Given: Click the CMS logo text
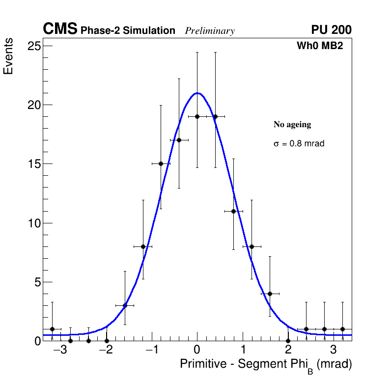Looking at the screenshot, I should tap(60, 29).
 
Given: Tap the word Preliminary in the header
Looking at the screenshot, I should tap(210, 31).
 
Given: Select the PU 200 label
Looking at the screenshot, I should tap(331, 30).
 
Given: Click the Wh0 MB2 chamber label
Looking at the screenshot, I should tap(319, 46).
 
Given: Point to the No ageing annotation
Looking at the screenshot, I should tap(292, 125).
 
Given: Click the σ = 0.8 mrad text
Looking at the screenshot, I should tap(299, 144).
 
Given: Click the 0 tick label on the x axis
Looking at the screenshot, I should tap(197, 351).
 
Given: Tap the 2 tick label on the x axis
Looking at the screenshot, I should tap(288, 351).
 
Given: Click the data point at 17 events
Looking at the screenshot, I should tap(179, 140).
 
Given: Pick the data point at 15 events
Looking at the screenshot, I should tap(161, 163).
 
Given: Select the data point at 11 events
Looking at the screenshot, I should tap(233, 211).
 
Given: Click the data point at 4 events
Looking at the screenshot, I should tap(270, 294).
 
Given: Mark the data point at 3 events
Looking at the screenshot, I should tap(125, 305).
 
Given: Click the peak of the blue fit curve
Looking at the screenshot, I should tap(197, 93).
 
